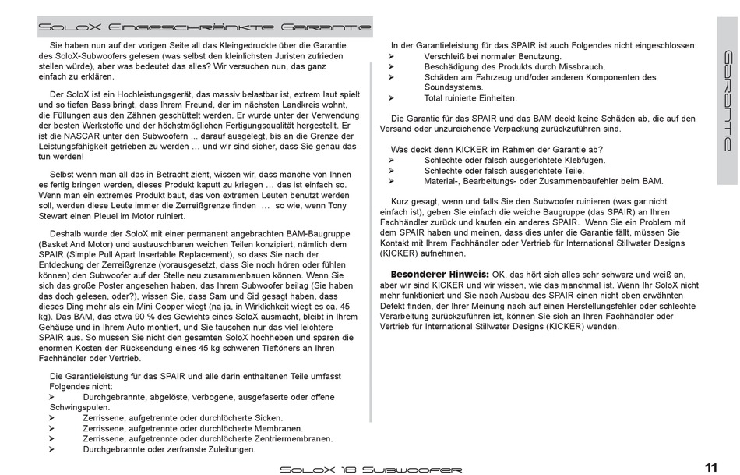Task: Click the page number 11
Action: [710, 467]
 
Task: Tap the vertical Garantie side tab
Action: [727, 101]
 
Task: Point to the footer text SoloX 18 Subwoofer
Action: [371, 469]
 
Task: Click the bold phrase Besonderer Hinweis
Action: [439, 274]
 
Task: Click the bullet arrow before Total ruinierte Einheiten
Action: [393, 98]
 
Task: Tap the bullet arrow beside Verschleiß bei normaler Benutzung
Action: [393, 57]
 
